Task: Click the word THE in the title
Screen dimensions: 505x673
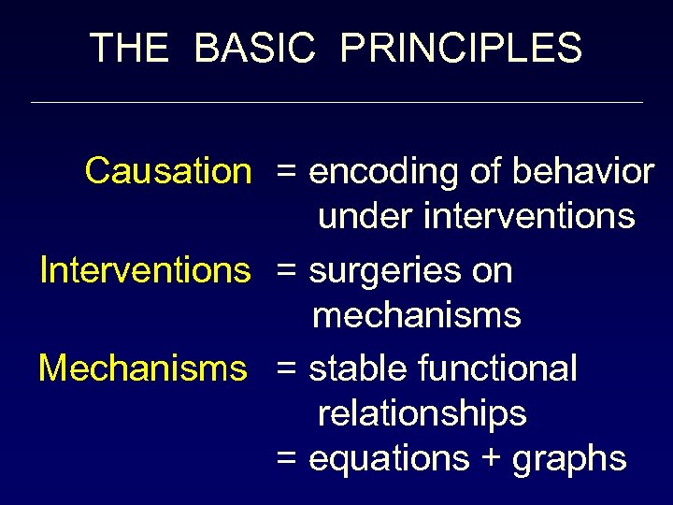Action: [x=129, y=48]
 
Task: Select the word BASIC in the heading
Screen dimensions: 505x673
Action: [x=254, y=48]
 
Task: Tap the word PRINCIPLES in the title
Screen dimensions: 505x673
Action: [x=461, y=48]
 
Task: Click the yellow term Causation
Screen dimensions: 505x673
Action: [x=168, y=171]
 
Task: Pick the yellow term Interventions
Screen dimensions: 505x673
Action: [x=145, y=270]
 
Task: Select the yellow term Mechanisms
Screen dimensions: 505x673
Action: [x=143, y=368]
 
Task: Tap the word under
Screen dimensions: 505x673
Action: [x=365, y=217]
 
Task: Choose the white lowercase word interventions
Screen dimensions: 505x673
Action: [x=529, y=217]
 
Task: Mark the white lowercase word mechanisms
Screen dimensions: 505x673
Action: [x=417, y=316]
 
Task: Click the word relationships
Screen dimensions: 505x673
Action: [x=422, y=413]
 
